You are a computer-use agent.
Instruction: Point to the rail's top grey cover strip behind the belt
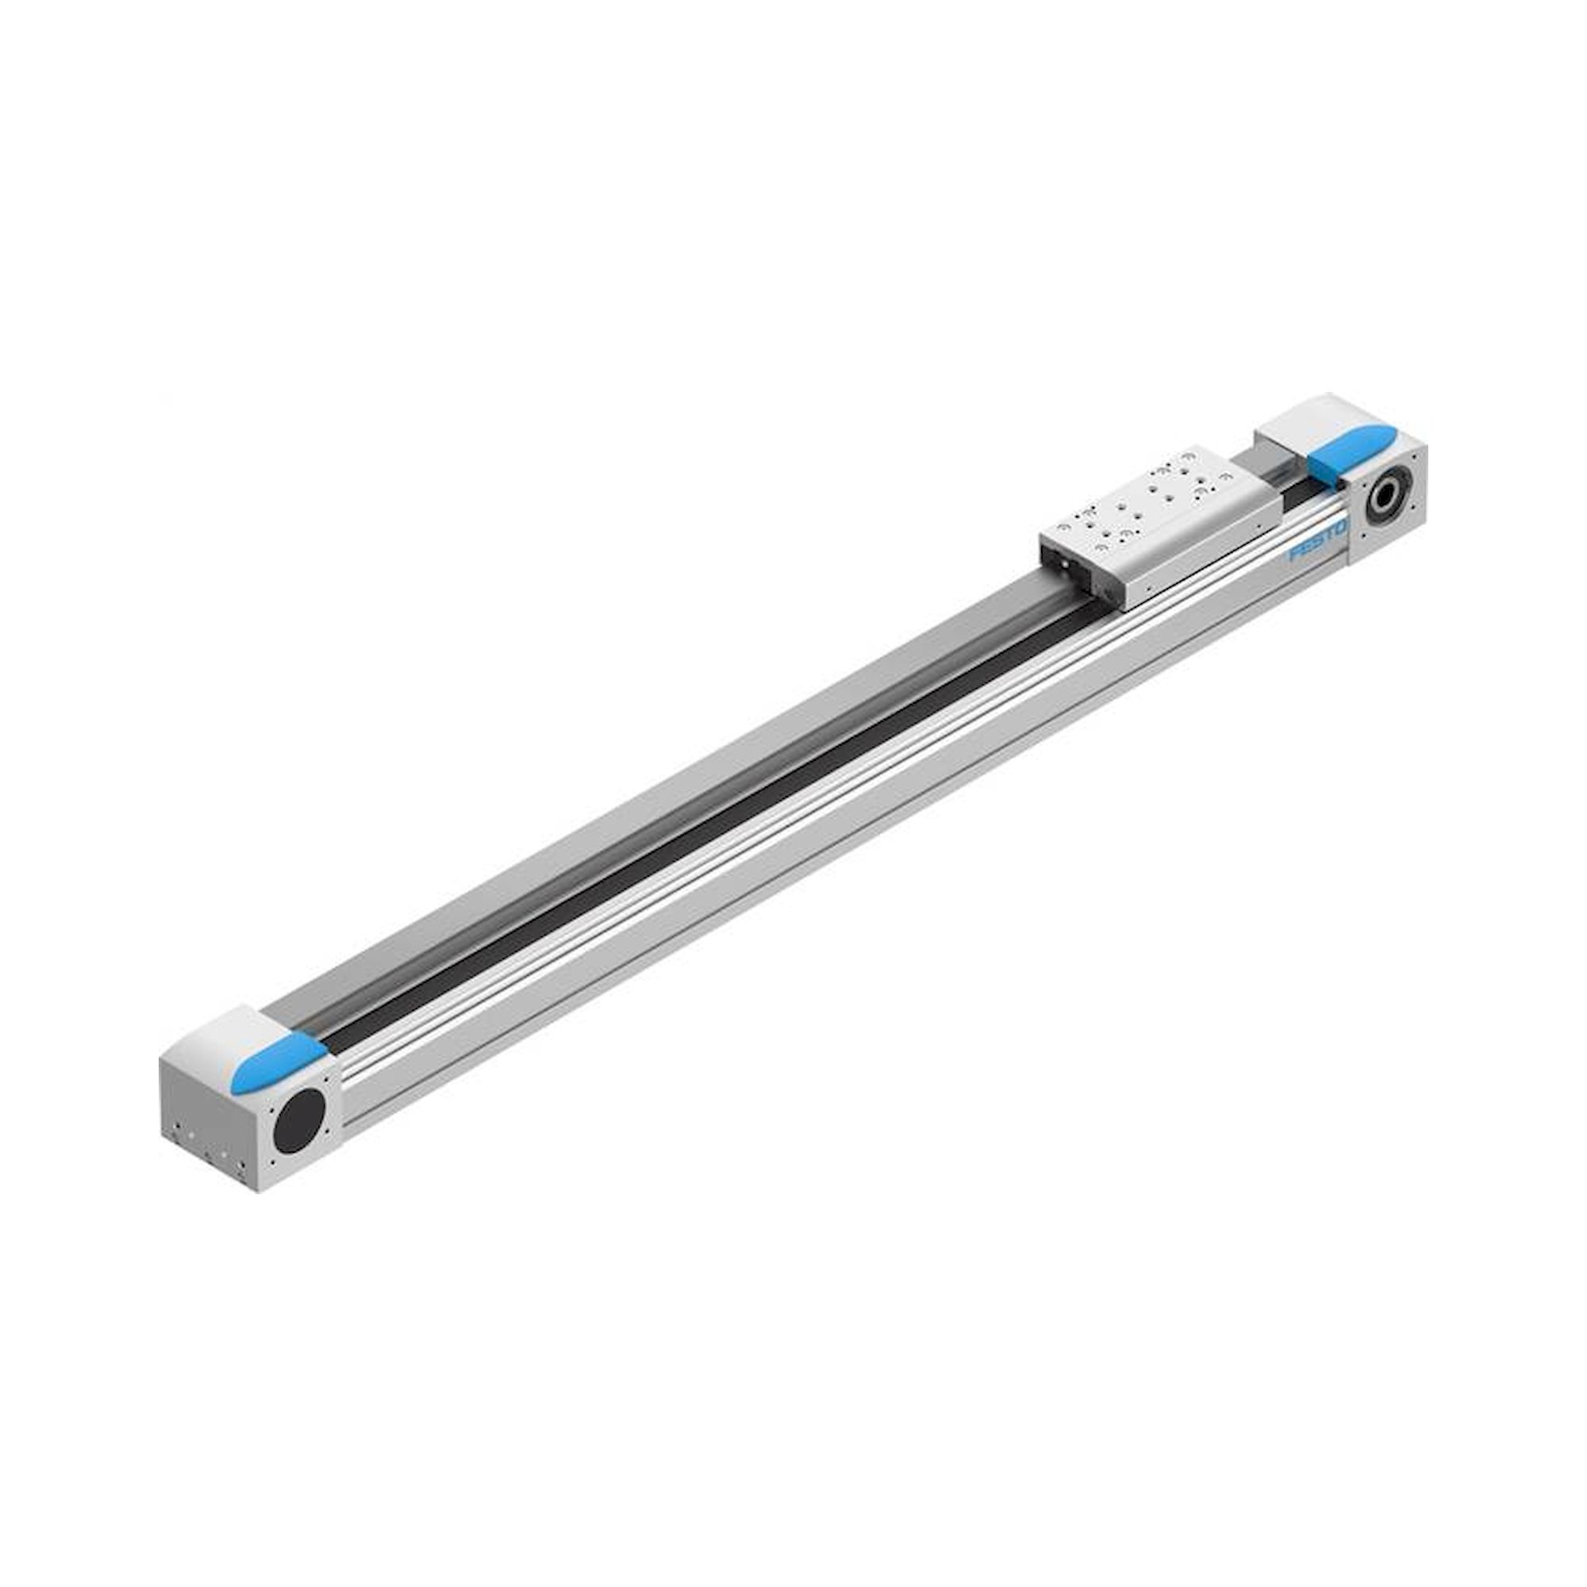(x=657, y=789)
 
